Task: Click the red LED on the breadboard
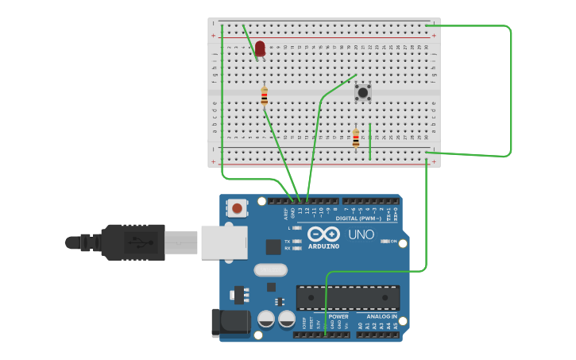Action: (x=260, y=48)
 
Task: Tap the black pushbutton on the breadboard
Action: (x=362, y=92)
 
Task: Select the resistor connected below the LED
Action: (x=265, y=97)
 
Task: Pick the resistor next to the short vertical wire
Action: (x=356, y=138)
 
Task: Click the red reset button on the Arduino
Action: (x=236, y=208)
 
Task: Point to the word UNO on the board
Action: (x=361, y=235)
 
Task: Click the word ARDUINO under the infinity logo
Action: (x=323, y=246)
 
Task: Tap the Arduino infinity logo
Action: (x=324, y=234)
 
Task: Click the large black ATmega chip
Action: (x=347, y=297)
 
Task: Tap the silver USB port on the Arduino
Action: (x=222, y=242)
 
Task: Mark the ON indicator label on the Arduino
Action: (x=392, y=241)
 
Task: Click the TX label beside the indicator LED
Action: (x=287, y=241)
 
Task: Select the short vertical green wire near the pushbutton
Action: (x=370, y=141)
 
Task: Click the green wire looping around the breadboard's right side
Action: (x=510, y=87)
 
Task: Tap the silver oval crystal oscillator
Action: (x=270, y=270)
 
